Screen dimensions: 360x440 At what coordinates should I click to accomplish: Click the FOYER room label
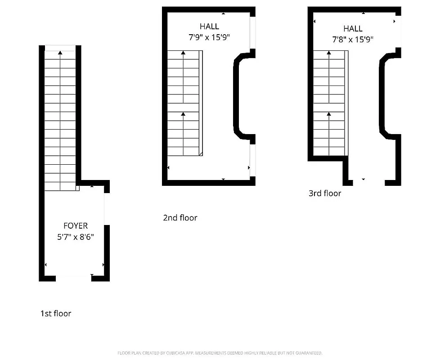(76, 225)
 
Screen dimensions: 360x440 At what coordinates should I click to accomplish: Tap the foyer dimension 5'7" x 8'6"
(76, 235)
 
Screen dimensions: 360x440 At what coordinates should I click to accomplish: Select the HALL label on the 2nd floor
(209, 27)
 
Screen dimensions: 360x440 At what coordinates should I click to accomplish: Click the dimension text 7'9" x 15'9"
(209, 37)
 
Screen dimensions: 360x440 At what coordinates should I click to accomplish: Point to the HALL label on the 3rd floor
(353, 29)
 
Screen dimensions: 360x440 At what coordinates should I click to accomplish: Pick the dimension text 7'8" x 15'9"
(353, 40)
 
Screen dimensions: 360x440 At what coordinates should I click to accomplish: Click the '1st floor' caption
(56, 314)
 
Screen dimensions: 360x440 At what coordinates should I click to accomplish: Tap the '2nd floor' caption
(180, 218)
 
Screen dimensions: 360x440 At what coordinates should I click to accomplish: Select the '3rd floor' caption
(325, 193)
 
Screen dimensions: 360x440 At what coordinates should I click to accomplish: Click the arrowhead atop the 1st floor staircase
(60, 53)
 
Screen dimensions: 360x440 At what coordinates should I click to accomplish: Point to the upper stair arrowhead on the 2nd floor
(184, 53)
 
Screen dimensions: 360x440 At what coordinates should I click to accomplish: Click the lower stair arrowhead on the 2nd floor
(184, 114)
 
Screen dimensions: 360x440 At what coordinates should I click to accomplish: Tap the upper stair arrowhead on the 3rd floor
(329, 53)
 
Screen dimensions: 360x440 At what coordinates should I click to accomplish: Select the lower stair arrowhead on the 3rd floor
(329, 114)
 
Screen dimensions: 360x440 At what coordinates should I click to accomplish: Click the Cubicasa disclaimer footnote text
(220, 353)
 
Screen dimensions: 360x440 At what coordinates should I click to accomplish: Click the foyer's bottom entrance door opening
(73, 279)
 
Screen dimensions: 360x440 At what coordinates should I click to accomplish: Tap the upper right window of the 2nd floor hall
(253, 33)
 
